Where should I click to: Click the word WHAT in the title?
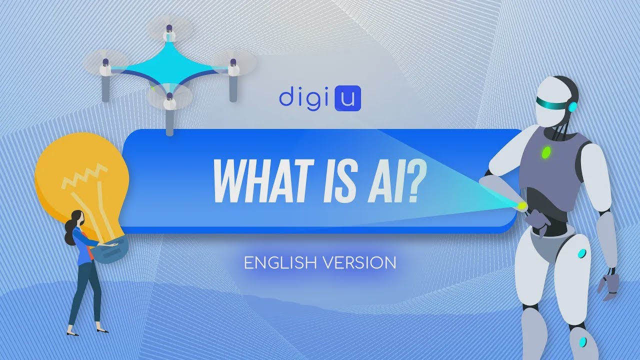click(260, 181)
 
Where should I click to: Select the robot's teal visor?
click(550, 102)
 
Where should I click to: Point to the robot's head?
click(555, 100)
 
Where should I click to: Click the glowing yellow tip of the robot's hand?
click(522, 205)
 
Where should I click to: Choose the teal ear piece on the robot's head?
click(572, 106)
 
